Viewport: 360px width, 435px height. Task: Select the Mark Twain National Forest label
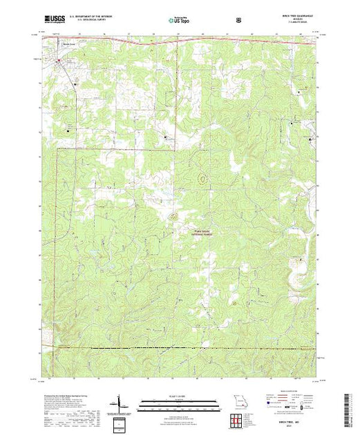(200, 233)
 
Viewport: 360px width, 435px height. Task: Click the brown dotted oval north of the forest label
(202, 178)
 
